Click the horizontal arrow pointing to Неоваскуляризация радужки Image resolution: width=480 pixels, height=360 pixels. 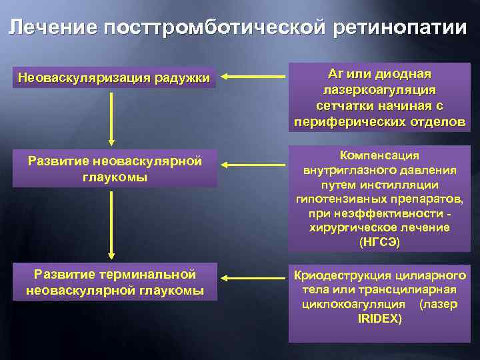click(253, 78)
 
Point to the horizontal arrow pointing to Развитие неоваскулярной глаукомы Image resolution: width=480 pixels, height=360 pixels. click(253, 163)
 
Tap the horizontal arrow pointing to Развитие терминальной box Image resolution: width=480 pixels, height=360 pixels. click(253, 276)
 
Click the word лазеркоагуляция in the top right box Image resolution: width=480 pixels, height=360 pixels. click(380, 90)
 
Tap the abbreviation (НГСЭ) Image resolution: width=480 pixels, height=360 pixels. click(379, 242)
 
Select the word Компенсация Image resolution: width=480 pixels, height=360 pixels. click(379, 155)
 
